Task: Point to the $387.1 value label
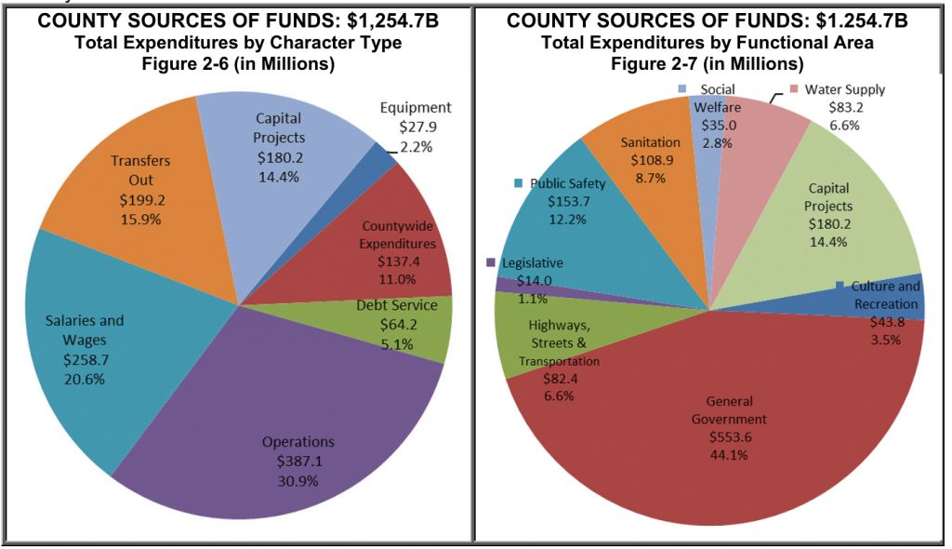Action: tap(297, 462)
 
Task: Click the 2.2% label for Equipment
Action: tap(416, 146)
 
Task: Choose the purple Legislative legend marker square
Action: tap(491, 263)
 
